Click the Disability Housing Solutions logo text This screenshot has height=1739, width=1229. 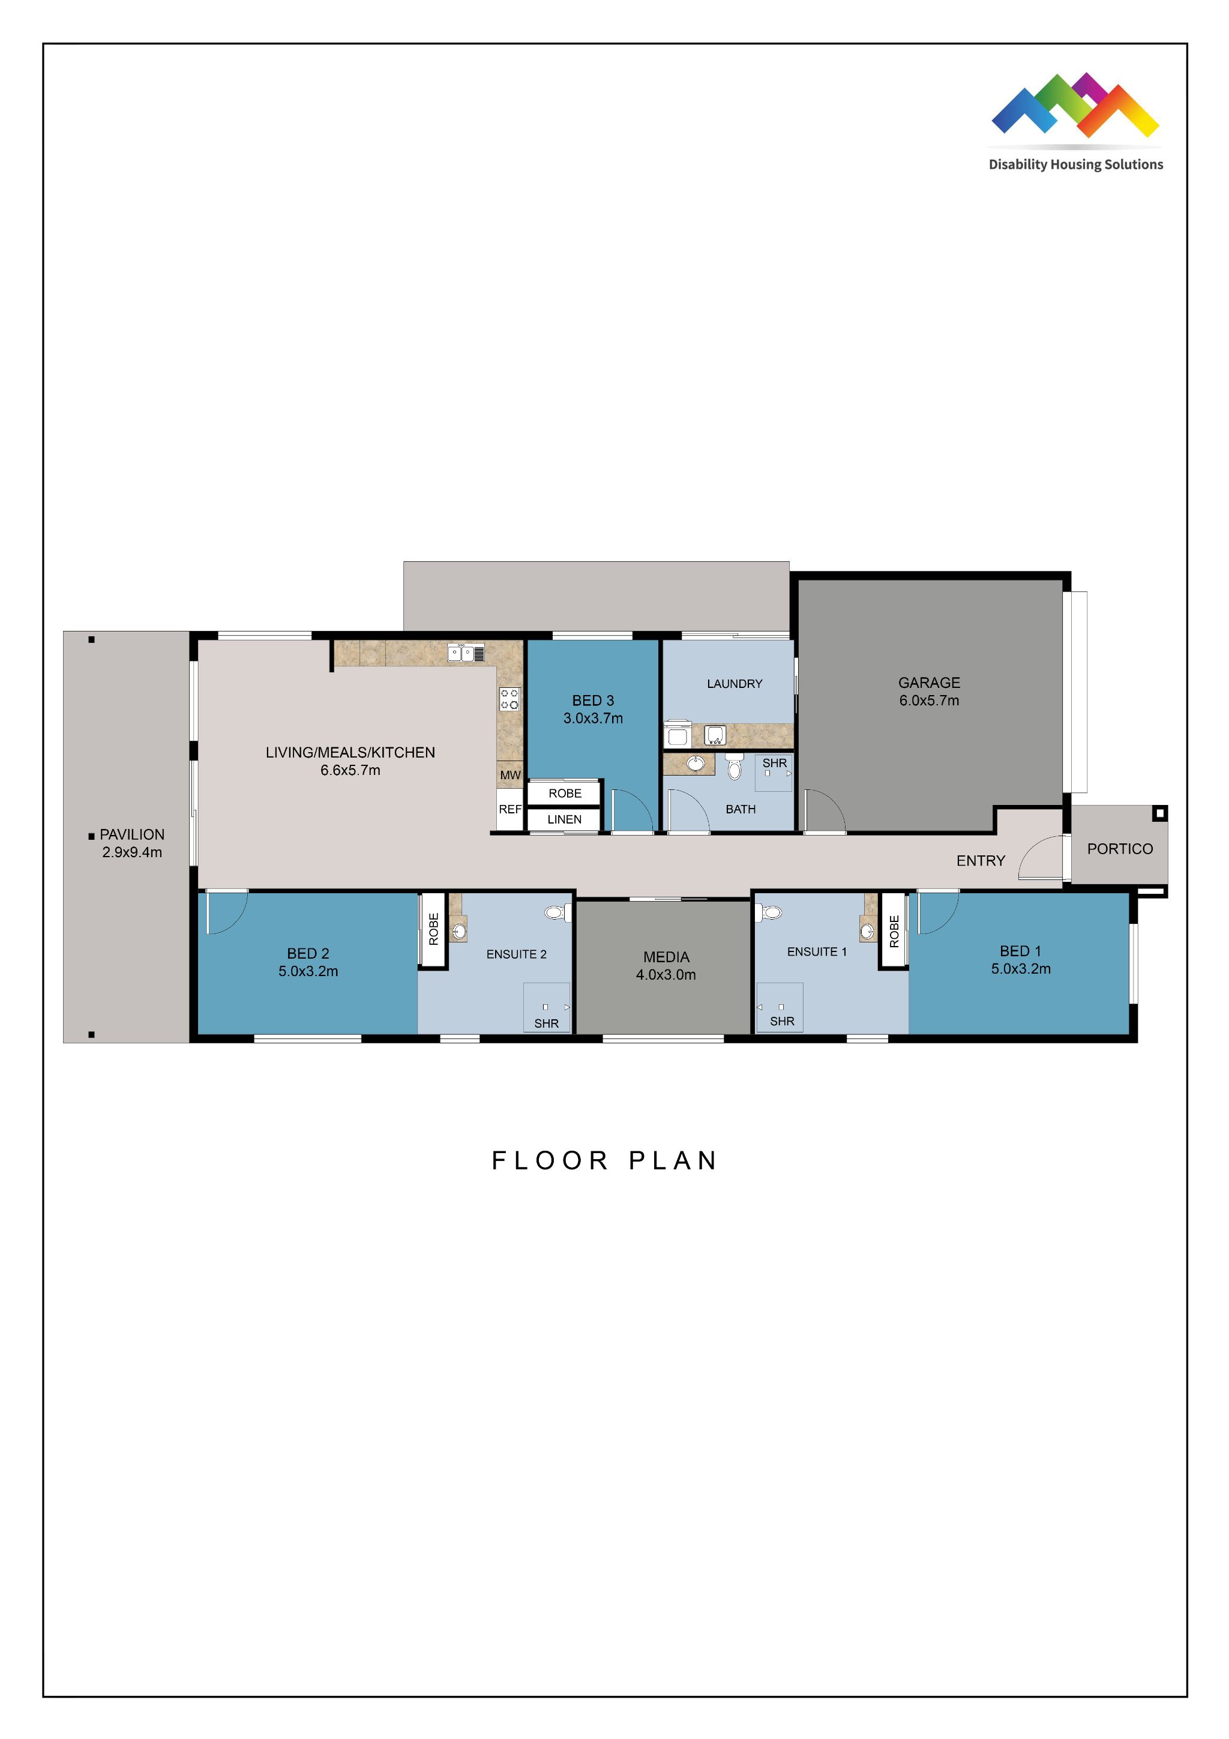[1075, 164]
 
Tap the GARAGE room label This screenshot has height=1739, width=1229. [928, 683]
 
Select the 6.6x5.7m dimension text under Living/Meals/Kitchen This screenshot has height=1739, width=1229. [350, 770]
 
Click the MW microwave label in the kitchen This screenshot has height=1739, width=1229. [509, 775]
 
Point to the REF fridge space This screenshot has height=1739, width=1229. [509, 810]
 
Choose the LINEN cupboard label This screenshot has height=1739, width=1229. [564, 819]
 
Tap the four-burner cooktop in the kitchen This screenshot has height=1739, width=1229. [509, 698]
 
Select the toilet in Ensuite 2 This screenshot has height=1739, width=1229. [556, 912]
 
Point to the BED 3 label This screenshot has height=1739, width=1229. [593, 701]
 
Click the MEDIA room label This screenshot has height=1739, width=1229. [666, 957]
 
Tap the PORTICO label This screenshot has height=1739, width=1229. [1119, 849]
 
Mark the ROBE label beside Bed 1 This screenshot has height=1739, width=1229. [894, 932]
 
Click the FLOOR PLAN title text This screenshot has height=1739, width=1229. [604, 1161]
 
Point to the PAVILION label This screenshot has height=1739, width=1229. [132, 834]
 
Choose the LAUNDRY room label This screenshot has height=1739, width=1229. [734, 684]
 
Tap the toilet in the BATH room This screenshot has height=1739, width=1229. [734, 768]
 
